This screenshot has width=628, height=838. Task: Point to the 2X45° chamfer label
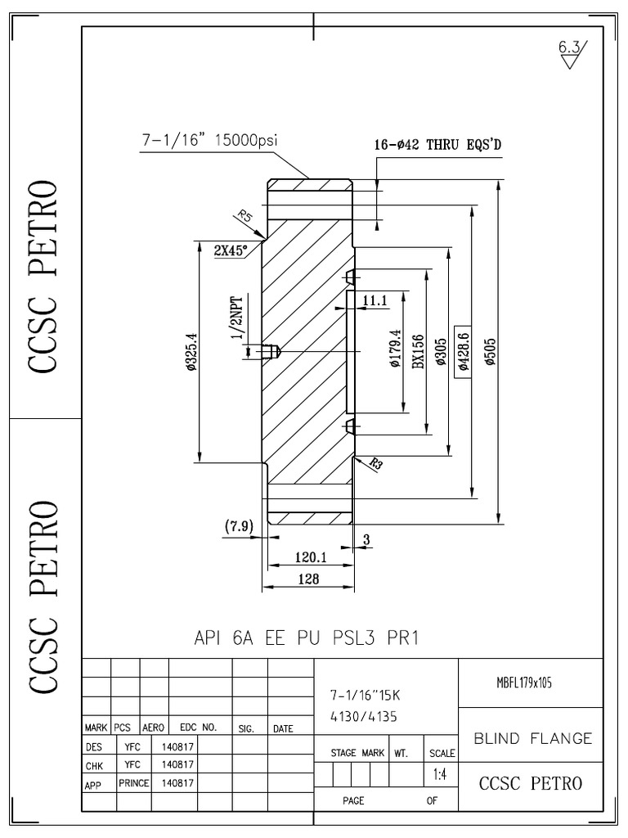[231, 251]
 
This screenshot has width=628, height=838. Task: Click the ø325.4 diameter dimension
[191, 352]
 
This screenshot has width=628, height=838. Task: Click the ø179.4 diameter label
[395, 351]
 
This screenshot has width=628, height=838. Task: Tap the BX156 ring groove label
[417, 352]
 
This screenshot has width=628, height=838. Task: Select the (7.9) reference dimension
[238, 525]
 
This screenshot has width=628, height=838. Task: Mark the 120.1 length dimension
[311, 556]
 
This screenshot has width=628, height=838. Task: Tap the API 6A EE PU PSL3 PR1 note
[307, 638]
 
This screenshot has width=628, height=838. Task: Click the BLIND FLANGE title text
[533, 738]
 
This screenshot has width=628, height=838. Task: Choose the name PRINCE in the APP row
[132, 782]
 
